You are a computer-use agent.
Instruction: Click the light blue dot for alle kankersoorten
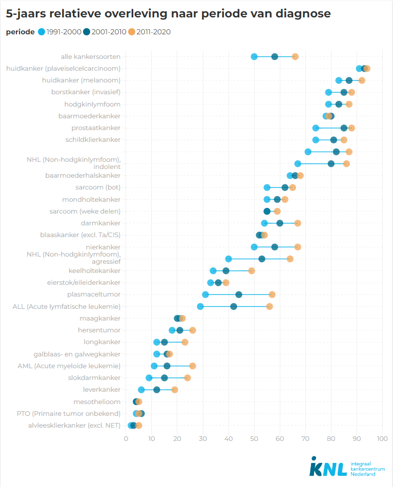pos(254,56)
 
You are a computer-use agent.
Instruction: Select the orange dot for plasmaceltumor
pos(272,294)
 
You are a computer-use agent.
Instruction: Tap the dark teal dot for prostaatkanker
pos(344,128)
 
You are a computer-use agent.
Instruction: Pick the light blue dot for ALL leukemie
pos(200,307)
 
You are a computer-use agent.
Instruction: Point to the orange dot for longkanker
pos(185,342)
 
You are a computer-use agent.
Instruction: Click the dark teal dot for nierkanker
pos(275,247)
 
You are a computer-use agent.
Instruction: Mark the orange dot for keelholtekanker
pos(252,271)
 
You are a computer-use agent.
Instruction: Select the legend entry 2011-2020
pos(149,32)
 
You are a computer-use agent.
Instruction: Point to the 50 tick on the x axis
pos(254,439)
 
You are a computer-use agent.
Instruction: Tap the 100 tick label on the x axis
pos(382,439)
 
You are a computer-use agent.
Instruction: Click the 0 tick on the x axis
pos(126,439)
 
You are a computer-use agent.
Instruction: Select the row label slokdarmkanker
pos(94,378)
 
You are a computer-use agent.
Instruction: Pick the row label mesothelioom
pos(97,401)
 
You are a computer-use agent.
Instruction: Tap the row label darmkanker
pos(100,223)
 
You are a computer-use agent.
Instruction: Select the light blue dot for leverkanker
pos(141,390)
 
